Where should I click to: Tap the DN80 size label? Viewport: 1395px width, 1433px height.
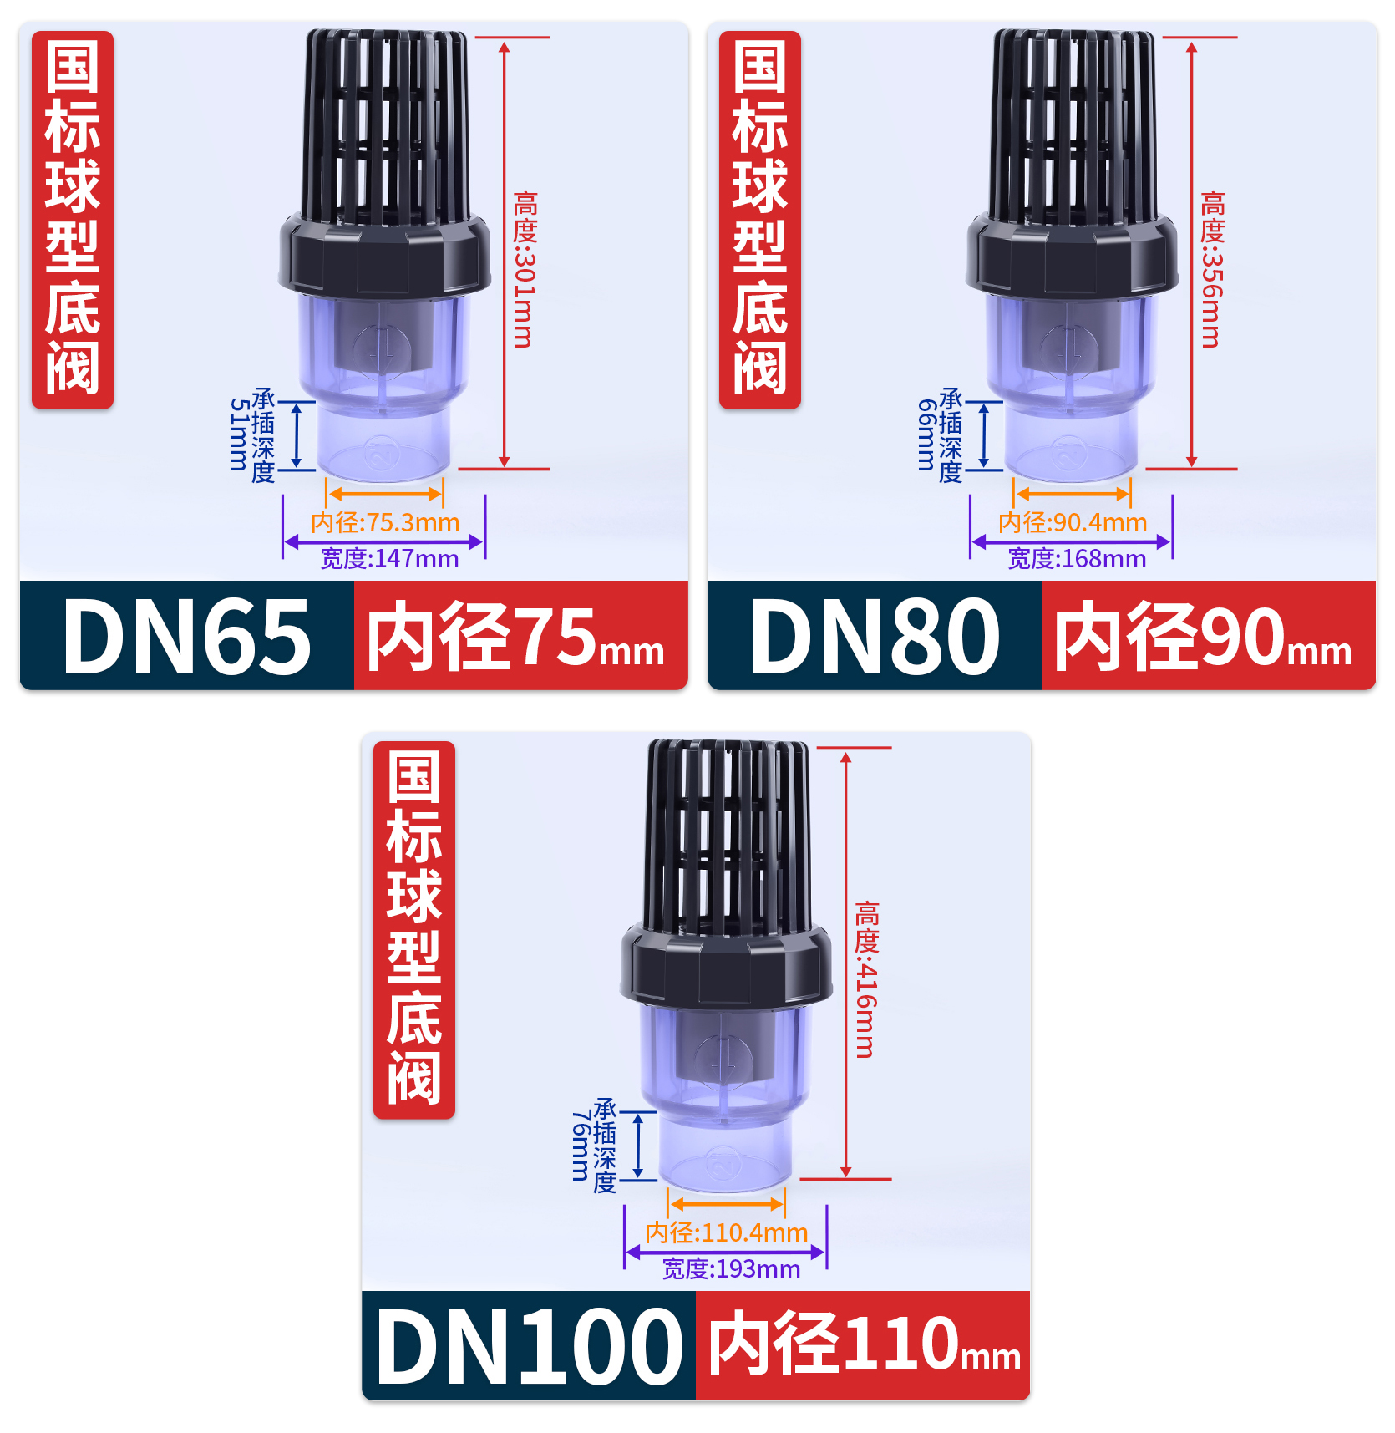(875, 637)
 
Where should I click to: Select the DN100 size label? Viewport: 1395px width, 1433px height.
(529, 1346)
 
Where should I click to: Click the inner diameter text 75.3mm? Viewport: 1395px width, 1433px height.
(385, 523)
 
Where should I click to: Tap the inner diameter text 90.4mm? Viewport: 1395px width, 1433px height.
(1073, 523)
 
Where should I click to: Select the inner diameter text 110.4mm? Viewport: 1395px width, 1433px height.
(726, 1233)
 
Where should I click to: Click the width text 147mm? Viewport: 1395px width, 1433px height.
(389, 559)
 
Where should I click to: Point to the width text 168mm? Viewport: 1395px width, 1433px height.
(1077, 559)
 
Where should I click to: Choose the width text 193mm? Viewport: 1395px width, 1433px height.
(731, 1269)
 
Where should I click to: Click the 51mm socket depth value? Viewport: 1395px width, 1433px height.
(239, 434)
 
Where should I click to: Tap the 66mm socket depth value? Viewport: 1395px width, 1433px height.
(926, 434)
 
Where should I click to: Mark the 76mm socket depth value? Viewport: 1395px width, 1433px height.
(581, 1146)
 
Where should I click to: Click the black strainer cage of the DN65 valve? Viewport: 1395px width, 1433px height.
(385, 125)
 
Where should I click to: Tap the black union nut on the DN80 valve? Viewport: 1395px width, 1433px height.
(1072, 255)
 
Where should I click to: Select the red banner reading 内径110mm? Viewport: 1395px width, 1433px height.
(863, 1346)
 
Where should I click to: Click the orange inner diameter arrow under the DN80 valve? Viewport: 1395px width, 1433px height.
(1072, 494)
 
